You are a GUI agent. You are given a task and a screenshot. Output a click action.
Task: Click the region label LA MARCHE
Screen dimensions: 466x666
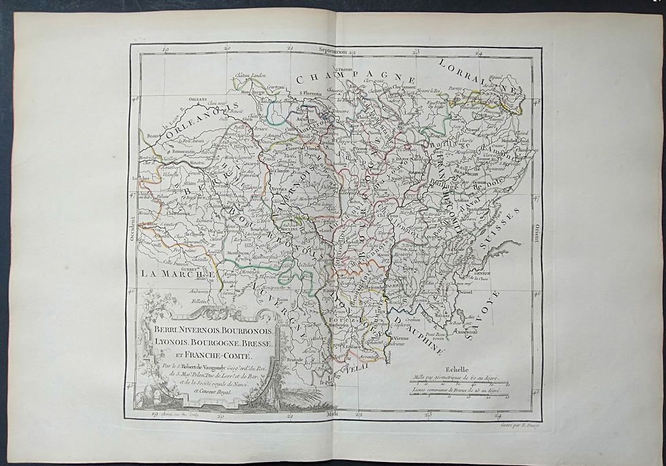(175, 273)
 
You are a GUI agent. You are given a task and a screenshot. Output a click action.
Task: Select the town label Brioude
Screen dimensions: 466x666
(294, 360)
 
